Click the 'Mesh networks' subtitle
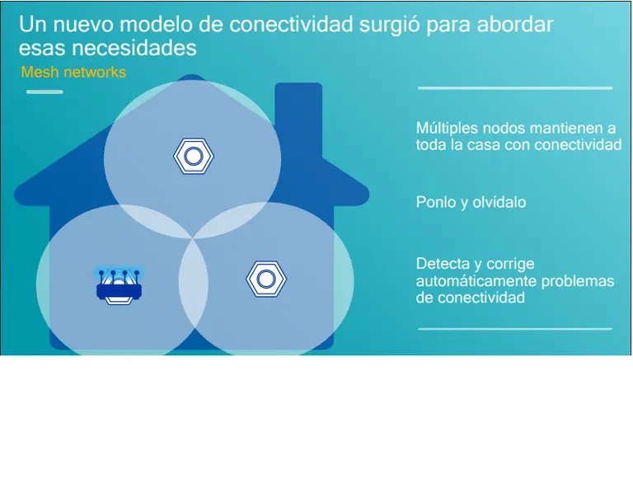click(x=73, y=73)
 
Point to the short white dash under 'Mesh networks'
click(x=45, y=92)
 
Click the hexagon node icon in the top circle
click(x=194, y=155)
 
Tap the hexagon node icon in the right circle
click(x=265, y=279)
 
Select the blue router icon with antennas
click(x=119, y=286)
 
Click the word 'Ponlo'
click(x=435, y=202)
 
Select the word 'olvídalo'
click(x=499, y=202)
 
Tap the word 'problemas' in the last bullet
click(x=576, y=281)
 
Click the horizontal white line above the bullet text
click(x=515, y=87)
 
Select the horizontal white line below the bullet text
click(x=515, y=328)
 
